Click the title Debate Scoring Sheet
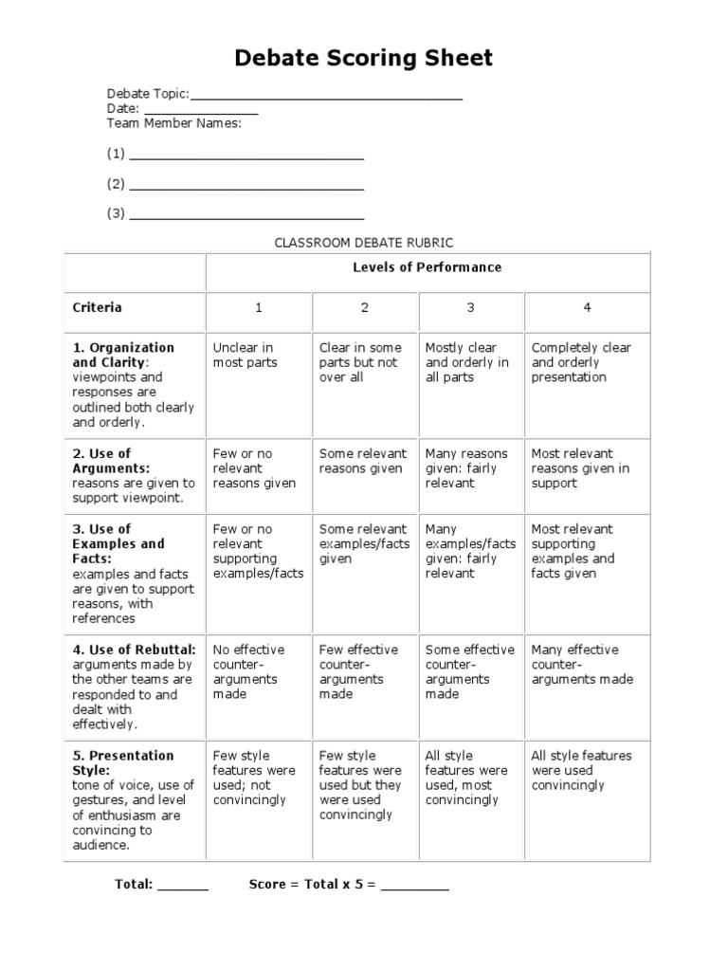click(x=364, y=59)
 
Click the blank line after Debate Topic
click(x=326, y=96)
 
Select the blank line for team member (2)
click(x=246, y=186)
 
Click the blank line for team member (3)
click(x=246, y=215)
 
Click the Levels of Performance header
click(x=428, y=267)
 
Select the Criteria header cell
click(x=98, y=307)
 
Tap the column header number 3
click(x=470, y=308)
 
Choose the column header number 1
click(x=258, y=308)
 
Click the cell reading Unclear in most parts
click(x=245, y=355)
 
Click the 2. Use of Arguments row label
click(x=111, y=461)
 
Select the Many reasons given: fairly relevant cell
click(x=466, y=468)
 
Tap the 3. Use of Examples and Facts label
click(x=118, y=544)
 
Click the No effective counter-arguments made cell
click(x=248, y=671)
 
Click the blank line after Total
click(x=182, y=887)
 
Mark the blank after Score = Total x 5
click(x=415, y=887)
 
